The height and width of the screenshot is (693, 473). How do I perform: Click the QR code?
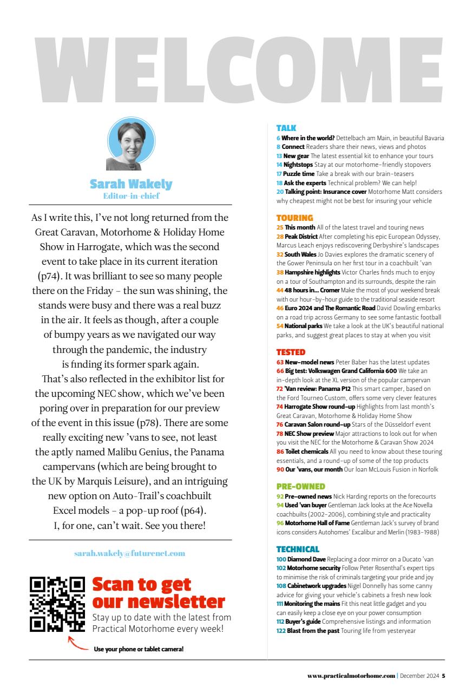tap(57, 604)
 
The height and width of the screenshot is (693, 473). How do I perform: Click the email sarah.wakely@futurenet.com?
tap(130, 553)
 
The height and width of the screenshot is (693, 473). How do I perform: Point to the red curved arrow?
tap(78, 645)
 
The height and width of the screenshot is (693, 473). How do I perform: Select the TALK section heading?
tap(286, 128)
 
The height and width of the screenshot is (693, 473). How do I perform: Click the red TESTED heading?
tap(291, 352)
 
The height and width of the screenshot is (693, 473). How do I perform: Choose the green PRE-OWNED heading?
tap(300, 487)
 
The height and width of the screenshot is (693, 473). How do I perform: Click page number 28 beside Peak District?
tap(280, 237)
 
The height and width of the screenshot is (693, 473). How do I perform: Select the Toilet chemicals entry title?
tap(306, 451)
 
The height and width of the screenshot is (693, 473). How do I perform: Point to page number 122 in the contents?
tap(281, 630)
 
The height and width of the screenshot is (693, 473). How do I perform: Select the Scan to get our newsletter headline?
tap(158, 593)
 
